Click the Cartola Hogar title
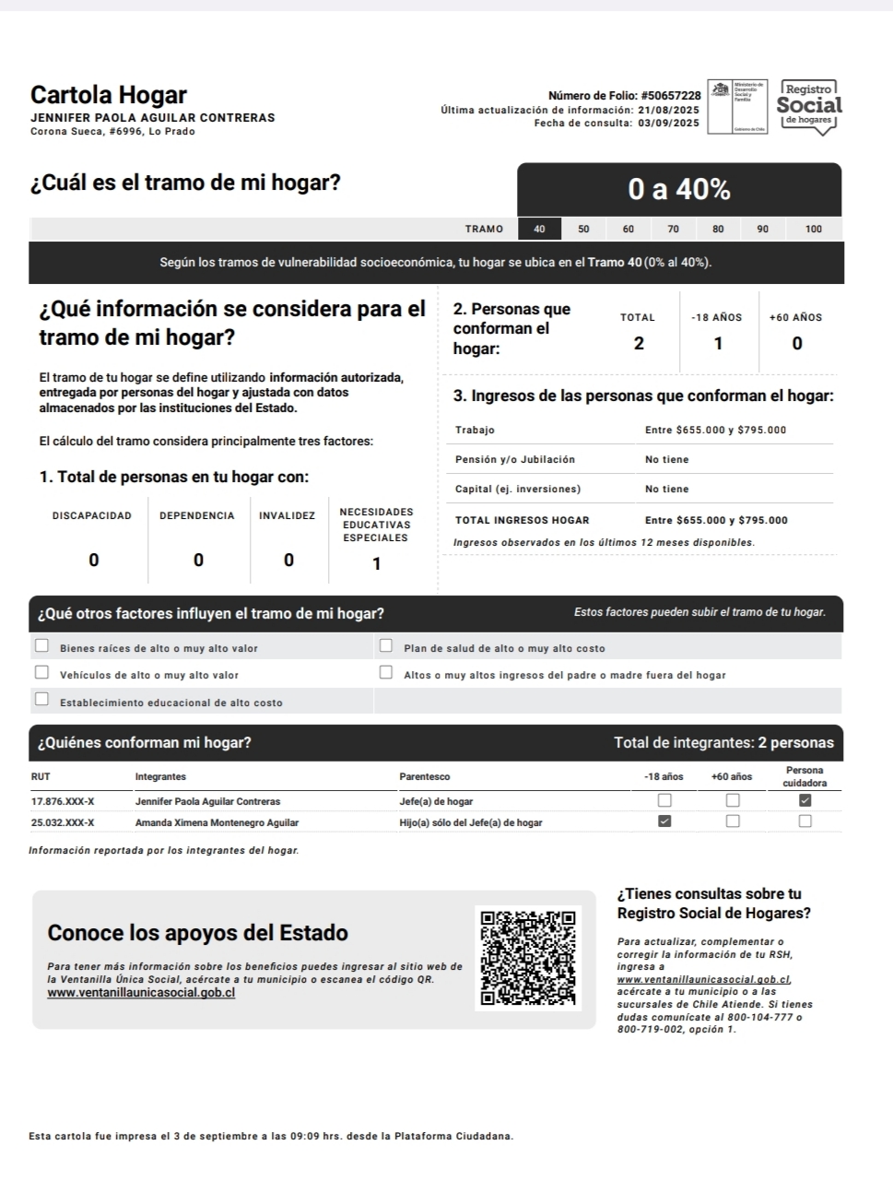(108, 95)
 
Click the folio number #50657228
(670, 96)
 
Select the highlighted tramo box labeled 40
(540, 229)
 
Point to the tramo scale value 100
(813, 229)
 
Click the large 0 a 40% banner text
(679, 190)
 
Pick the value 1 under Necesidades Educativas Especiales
(376, 564)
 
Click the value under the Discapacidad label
(93, 561)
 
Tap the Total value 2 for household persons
(639, 344)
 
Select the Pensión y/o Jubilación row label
(514, 459)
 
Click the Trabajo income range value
(715, 430)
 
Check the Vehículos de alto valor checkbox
(41, 672)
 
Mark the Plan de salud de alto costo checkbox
(386, 645)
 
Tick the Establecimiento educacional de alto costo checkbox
(41, 699)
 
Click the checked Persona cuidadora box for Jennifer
(805, 800)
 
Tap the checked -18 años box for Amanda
(664, 820)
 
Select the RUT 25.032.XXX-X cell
(63, 822)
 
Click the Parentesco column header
(425, 777)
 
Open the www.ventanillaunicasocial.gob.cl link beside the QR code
(141, 993)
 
